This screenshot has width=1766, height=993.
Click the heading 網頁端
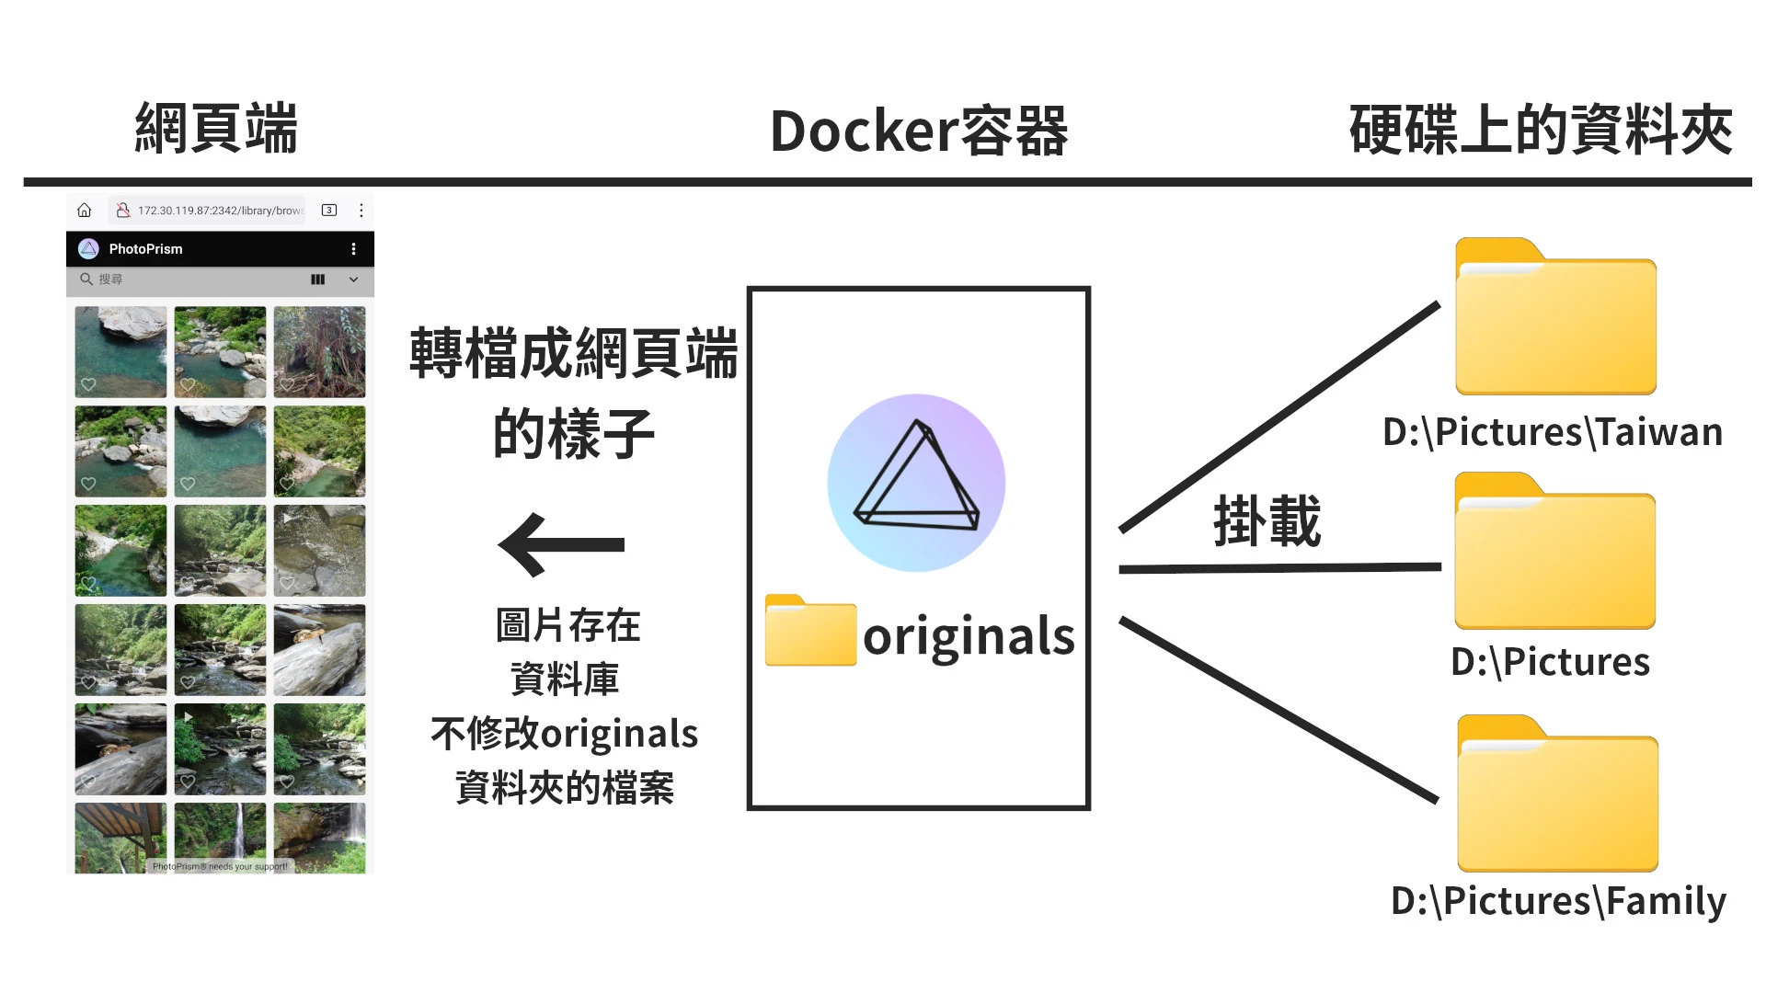(x=216, y=129)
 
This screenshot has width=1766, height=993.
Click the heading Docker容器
(x=918, y=131)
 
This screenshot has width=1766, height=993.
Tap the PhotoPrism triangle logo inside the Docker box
(x=916, y=483)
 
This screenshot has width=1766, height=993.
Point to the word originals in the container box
(x=969, y=636)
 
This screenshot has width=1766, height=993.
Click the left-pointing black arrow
(x=562, y=544)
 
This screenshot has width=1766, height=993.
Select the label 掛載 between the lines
(x=1267, y=521)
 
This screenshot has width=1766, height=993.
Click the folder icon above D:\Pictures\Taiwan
(x=1555, y=317)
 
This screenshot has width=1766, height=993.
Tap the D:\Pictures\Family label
(x=1558, y=901)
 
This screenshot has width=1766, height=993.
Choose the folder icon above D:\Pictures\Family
(x=1557, y=794)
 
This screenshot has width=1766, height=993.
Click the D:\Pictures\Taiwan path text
(x=1553, y=432)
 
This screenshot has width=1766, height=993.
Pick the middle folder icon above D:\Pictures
(x=1554, y=552)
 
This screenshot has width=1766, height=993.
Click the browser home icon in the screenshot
(x=85, y=211)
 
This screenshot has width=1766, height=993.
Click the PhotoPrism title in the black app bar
(x=145, y=249)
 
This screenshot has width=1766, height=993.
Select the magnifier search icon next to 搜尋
(x=86, y=279)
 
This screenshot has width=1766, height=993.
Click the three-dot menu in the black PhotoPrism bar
(x=353, y=249)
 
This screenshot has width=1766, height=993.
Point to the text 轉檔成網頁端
(x=573, y=354)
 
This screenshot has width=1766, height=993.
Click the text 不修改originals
(x=564, y=734)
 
